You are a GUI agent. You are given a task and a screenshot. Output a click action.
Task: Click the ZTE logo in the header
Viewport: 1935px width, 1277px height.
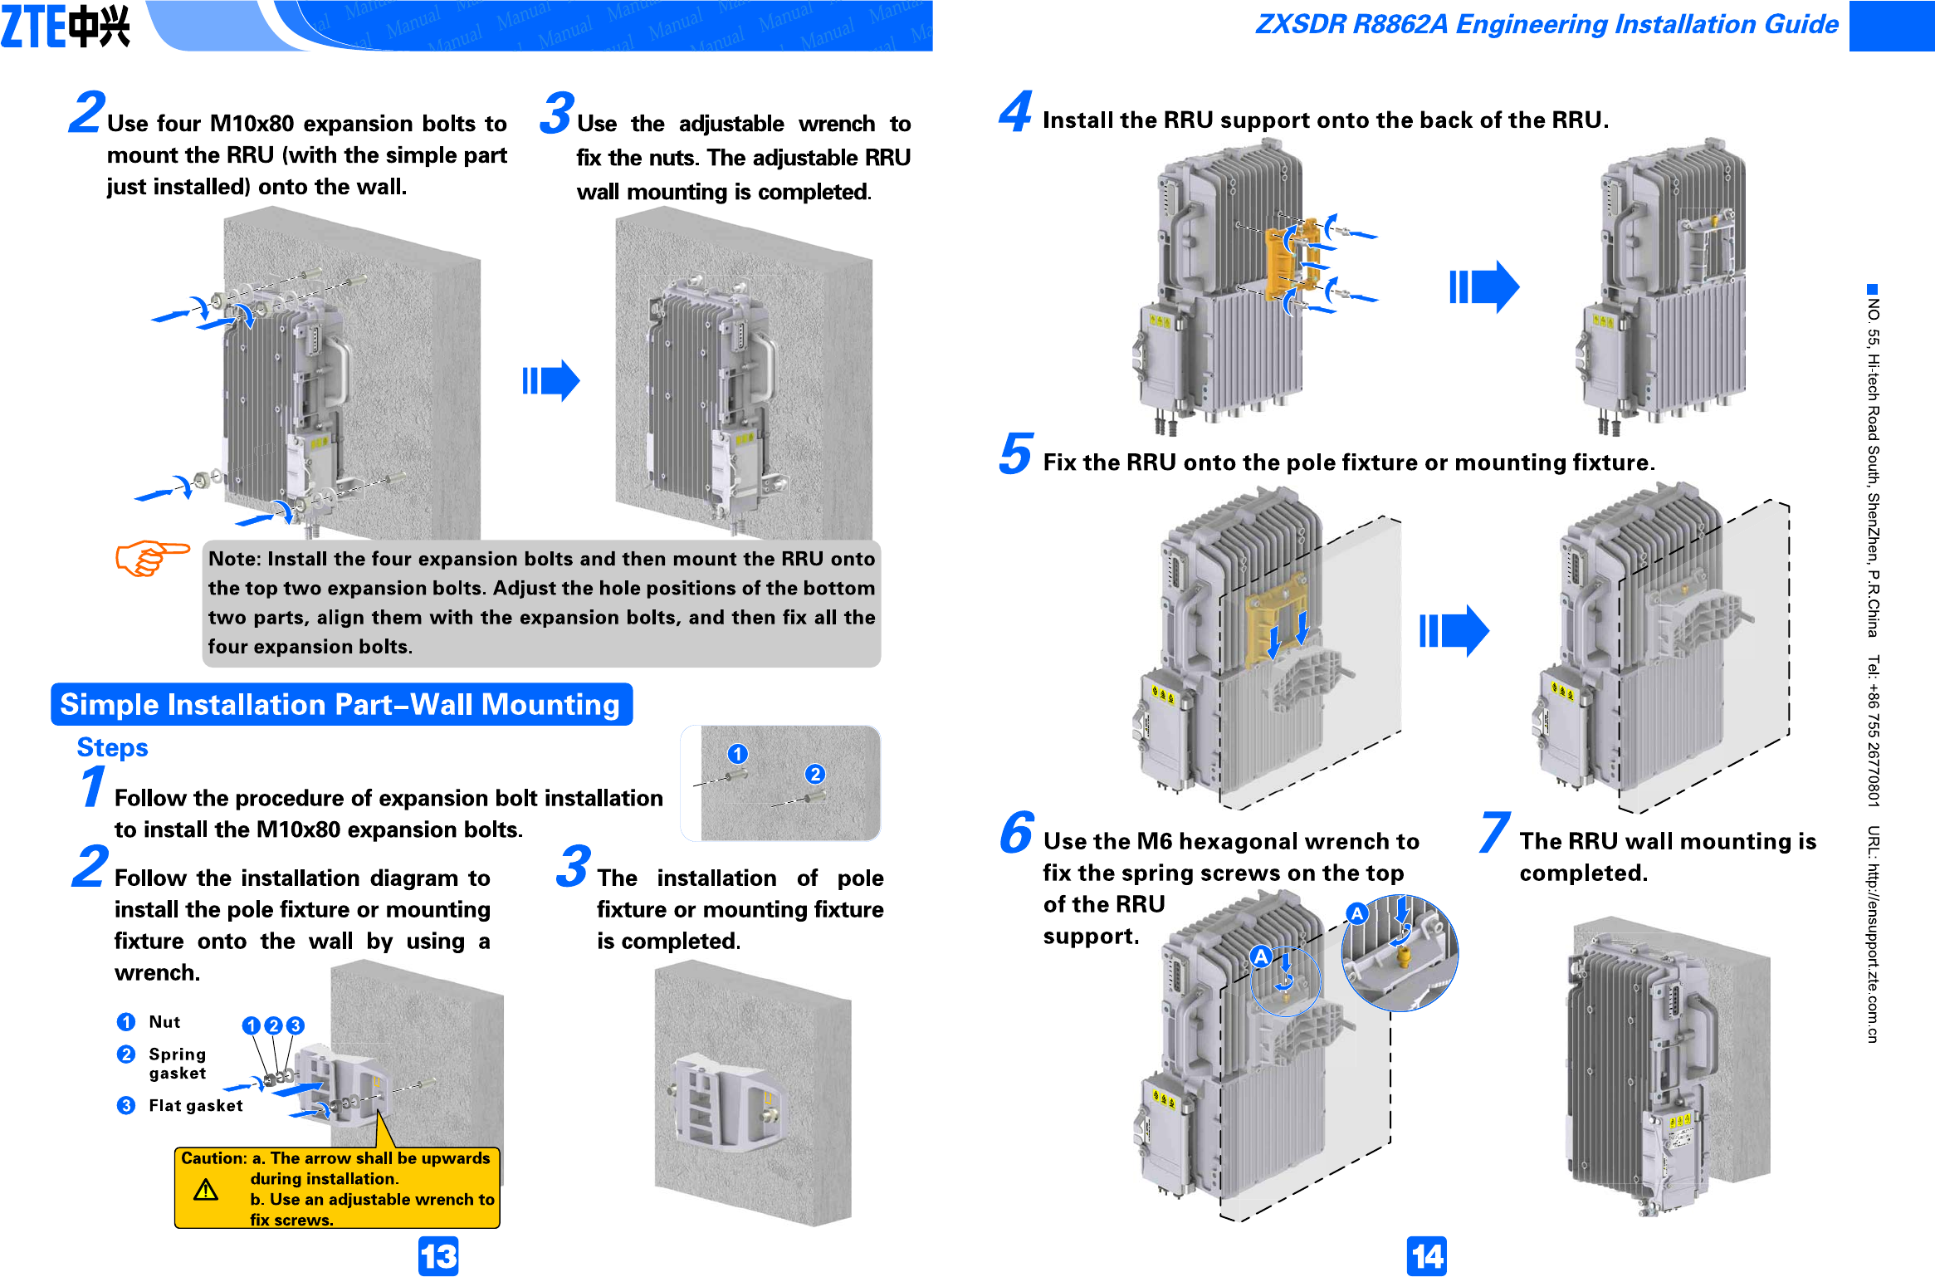pyautogui.click(x=66, y=27)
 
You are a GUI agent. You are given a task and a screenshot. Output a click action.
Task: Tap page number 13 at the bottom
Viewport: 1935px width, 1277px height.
pyautogui.click(x=438, y=1256)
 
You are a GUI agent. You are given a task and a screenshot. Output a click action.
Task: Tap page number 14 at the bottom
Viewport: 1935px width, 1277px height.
pyautogui.click(x=1426, y=1256)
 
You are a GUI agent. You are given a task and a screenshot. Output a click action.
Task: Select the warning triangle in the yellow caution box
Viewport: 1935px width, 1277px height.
pyautogui.click(x=206, y=1191)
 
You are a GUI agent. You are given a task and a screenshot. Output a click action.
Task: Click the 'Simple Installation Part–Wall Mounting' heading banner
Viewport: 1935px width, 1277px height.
pyautogui.click(x=341, y=705)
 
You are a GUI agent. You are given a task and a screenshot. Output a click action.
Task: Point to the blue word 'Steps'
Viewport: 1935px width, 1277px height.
pyautogui.click(x=112, y=747)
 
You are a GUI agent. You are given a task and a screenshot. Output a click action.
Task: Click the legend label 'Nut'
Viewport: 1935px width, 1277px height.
pyautogui.click(x=164, y=1022)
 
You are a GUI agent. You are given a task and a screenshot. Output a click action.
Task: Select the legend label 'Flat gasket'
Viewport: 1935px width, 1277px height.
pyautogui.click(x=196, y=1106)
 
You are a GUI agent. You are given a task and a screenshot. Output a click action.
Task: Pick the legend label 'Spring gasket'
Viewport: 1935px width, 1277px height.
pyautogui.click(x=177, y=1064)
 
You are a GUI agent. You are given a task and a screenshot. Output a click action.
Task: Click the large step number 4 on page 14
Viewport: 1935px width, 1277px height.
pyautogui.click(x=1015, y=113)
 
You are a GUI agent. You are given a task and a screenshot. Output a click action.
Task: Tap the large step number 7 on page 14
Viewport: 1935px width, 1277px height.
pyautogui.click(x=1493, y=833)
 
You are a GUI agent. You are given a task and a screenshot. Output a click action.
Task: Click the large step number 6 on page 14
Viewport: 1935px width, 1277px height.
pyautogui.click(x=1016, y=833)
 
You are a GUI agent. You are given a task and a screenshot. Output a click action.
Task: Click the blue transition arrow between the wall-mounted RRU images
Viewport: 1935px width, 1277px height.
pyautogui.click(x=550, y=381)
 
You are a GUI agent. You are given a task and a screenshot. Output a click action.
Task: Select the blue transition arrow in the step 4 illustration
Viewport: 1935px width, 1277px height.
pyautogui.click(x=1484, y=287)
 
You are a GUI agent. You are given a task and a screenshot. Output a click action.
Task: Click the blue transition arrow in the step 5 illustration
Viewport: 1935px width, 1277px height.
pyautogui.click(x=1454, y=631)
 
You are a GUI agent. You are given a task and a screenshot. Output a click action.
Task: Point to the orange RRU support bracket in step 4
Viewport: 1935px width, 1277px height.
pyautogui.click(x=1291, y=257)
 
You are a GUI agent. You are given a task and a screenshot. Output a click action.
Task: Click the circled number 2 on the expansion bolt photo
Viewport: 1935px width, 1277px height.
pyautogui.click(x=815, y=775)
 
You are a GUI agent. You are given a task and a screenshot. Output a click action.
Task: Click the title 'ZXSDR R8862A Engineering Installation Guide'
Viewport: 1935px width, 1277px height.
pyautogui.click(x=1547, y=24)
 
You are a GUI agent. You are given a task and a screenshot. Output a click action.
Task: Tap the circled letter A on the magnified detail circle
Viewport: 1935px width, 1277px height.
pyautogui.click(x=1356, y=914)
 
